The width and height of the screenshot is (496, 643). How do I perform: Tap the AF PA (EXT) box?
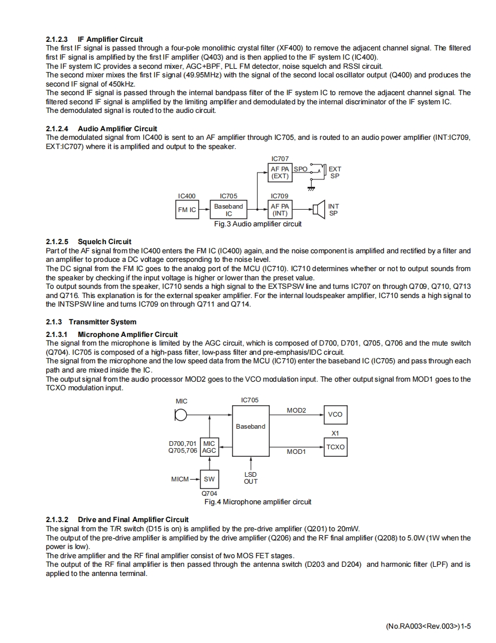click(280, 172)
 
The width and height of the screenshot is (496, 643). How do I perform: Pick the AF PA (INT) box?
click(280, 210)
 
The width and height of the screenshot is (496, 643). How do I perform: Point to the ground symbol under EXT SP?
click(311, 188)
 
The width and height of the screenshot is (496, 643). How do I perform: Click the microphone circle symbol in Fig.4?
click(181, 415)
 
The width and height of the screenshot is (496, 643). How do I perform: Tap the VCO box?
click(335, 414)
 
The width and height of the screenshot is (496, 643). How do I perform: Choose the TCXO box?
click(335, 446)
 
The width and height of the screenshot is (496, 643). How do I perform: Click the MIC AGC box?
click(209, 447)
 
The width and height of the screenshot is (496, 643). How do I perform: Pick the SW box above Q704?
click(209, 479)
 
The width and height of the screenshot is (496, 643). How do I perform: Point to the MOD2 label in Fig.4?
click(296, 410)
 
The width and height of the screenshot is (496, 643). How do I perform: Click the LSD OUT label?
click(250, 478)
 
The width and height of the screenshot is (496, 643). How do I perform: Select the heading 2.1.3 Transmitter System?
click(91, 321)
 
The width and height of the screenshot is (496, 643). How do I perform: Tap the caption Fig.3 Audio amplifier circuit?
click(258, 224)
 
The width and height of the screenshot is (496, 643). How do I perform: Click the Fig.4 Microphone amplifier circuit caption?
click(258, 502)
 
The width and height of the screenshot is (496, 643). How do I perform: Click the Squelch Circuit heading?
click(89, 241)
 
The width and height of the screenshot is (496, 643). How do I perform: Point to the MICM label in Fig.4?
click(180, 479)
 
